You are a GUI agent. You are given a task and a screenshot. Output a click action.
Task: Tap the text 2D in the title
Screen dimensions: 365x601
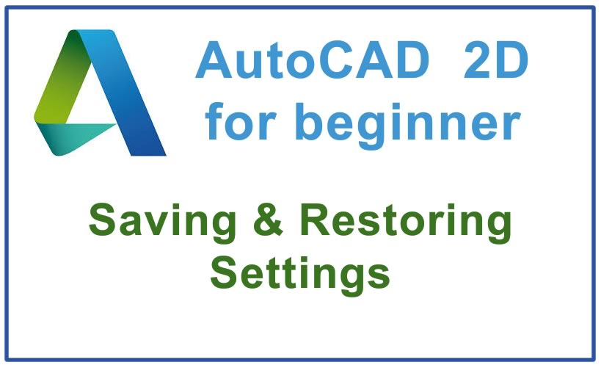[x=495, y=62]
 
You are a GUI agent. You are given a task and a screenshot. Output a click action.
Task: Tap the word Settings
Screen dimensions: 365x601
[x=299, y=273]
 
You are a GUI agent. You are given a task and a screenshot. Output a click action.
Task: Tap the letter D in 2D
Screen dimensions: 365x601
[x=513, y=62]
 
